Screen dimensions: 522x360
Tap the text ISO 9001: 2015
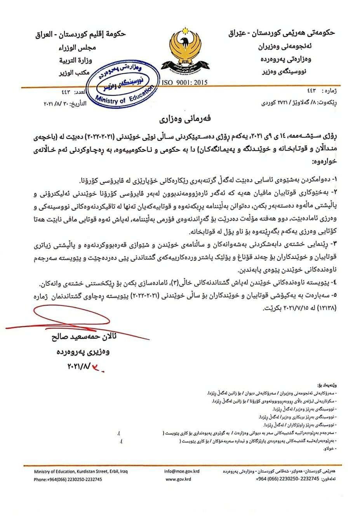tap(184, 82)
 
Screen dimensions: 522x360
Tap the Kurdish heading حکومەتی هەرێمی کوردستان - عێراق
tap(281, 33)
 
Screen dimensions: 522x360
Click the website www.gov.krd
tap(178, 479)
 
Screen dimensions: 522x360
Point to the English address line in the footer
tap(80, 472)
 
